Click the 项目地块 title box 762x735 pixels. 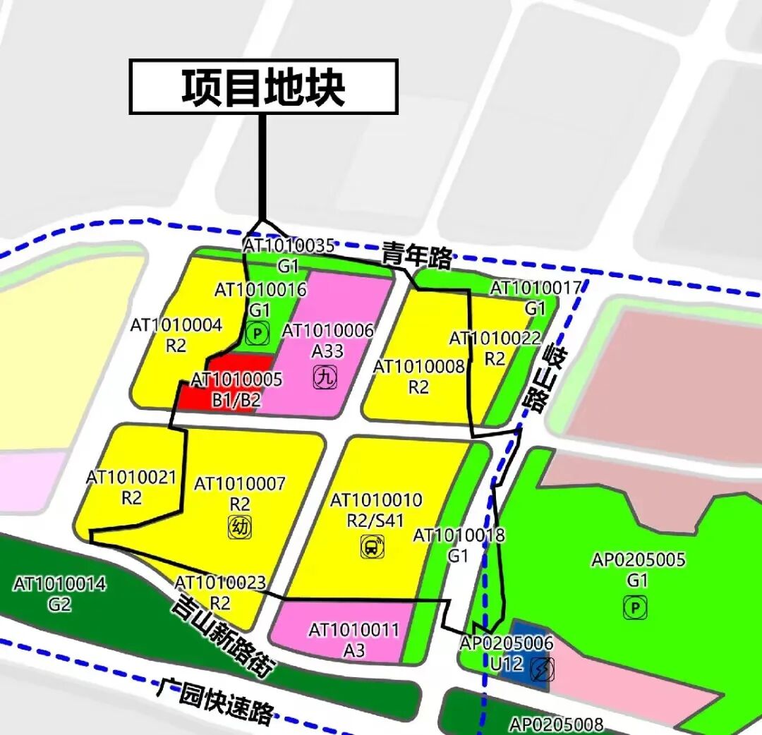tap(263, 87)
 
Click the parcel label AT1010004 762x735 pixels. tap(176, 325)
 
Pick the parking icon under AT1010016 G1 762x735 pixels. tap(258, 333)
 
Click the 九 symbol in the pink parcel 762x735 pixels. tap(325, 378)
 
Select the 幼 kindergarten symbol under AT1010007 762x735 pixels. tap(240, 526)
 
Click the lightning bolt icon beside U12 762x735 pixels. tap(543, 669)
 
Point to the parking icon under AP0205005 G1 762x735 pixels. tap(636, 607)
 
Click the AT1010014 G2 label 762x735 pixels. tap(60, 593)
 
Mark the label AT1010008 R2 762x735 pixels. tap(419, 376)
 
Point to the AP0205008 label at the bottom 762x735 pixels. tap(557, 724)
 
